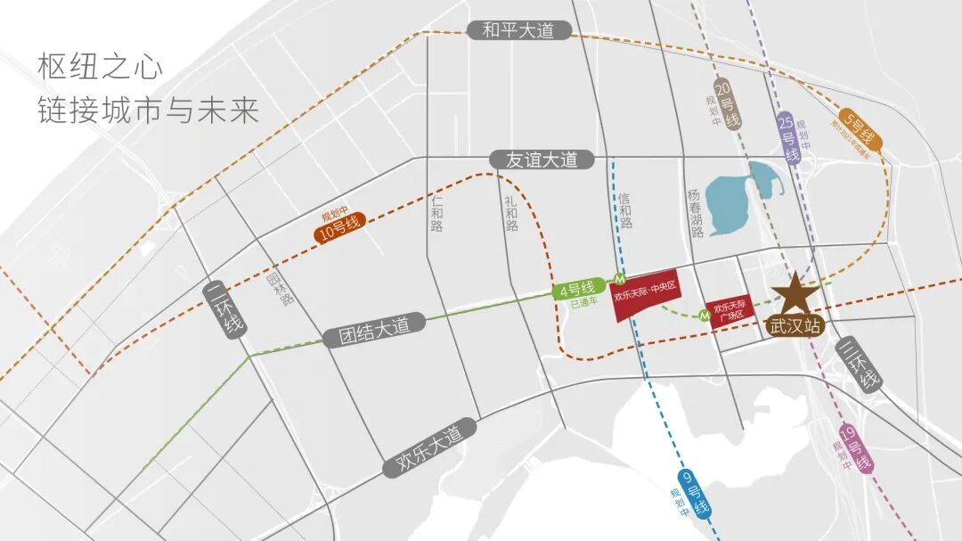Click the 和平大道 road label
(518, 30)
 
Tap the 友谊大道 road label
(542, 160)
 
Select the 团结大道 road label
(374, 327)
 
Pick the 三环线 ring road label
(860, 365)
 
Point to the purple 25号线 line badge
(789, 139)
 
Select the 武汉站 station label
(795, 326)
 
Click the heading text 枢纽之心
(100, 67)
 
